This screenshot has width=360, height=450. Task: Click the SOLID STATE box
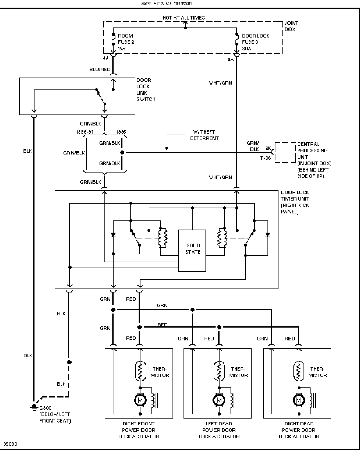click(192, 251)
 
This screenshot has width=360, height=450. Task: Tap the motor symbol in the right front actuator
click(140, 400)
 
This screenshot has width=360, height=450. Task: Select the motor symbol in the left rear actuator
click(219, 400)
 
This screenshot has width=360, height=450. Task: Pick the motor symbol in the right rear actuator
click(299, 400)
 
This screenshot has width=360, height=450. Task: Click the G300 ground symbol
click(34, 407)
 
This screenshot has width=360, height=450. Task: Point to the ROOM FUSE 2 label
click(126, 39)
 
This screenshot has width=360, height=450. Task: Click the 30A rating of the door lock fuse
click(246, 49)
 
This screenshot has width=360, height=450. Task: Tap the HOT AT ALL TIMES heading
click(184, 18)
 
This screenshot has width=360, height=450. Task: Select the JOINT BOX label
click(291, 26)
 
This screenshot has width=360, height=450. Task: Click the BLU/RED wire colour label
click(100, 69)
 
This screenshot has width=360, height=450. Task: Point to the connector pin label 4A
click(231, 60)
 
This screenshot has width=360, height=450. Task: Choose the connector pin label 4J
click(106, 58)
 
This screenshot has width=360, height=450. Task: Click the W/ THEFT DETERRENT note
click(204, 135)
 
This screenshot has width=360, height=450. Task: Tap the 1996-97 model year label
click(85, 132)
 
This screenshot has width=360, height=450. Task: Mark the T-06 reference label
click(265, 158)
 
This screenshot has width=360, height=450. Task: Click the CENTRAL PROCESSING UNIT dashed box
click(285, 152)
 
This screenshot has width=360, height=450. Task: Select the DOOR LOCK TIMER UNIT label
click(295, 202)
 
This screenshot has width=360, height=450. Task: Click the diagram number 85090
click(10, 444)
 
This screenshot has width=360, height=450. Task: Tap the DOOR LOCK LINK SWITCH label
click(146, 89)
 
